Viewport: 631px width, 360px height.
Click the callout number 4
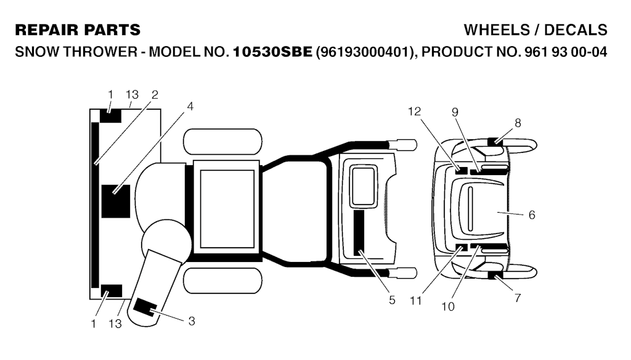(x=190, y=106)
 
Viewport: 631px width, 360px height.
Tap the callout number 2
(x=155, y=95)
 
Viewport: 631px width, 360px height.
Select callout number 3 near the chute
(x=192, y=321)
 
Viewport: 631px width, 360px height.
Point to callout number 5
(x=392, y=300)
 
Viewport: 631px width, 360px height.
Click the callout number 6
(x=532, y=215)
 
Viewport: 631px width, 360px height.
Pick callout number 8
(x=518, y=123)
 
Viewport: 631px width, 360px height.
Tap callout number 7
(x=518, y=298)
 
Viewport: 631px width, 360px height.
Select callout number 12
(x=415, y=111)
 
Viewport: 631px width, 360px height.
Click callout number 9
(x=455, y=112)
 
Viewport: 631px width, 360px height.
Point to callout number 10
(x=448, y=306)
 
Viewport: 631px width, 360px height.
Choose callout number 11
(x=416, y=300)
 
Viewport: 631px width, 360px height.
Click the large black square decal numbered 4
(x=116, y=202)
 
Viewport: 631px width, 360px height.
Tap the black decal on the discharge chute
(x=145, y=307)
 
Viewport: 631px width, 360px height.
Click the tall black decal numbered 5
(x=359, y=232)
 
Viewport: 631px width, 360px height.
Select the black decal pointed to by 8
(x=495, y=141)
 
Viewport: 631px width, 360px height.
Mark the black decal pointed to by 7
(x=495, y=276)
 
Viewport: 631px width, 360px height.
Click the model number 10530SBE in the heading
(x=272, y=52)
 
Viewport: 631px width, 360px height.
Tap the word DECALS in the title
(x=576, y=30)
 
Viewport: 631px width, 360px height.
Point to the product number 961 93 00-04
(x=566, y=52)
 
